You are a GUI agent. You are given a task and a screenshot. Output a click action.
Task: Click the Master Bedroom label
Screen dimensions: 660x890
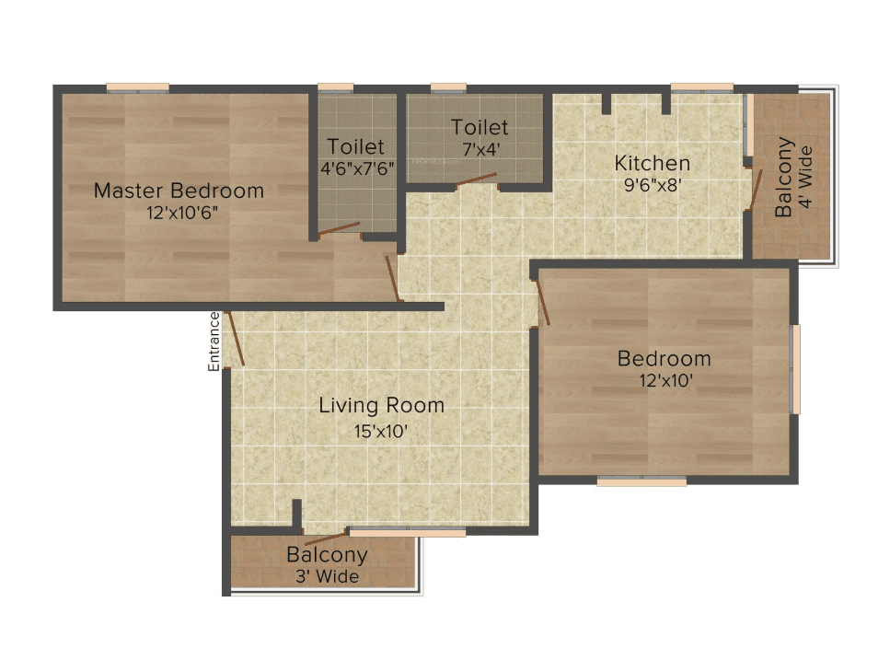pyautogui.click(x=179, y=191)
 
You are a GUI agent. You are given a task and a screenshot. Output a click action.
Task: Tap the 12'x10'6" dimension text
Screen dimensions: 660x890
pyautogui.click(x=179, y=213)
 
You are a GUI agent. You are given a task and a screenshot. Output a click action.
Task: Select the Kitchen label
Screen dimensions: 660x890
pyautogui.click(x=652, y=164)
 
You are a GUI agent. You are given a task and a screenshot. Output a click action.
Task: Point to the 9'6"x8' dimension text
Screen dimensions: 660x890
pyautogui.click(x=652, y=184)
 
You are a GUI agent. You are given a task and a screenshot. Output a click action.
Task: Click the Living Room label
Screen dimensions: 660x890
pyautogui.click(x=381, y=405)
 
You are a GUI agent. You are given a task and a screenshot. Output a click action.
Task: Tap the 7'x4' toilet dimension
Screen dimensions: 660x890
pyautogui.click(x=479, y=147)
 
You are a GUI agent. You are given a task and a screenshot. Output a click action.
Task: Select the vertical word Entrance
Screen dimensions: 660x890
pyautogui.click(x=214, y=342)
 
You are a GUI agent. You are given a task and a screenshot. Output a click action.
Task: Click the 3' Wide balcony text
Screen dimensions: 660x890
pyautogui.click(x=327, y=577)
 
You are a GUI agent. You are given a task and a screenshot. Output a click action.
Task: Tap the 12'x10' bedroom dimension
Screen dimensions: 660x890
pyautogui.click(x=664, y=379)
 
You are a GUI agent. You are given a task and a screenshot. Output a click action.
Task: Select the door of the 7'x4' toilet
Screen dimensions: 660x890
pyautogui.click(x=477, y=179)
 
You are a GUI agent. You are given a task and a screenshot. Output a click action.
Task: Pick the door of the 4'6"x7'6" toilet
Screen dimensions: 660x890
pyautogui.click(x=340, y=228)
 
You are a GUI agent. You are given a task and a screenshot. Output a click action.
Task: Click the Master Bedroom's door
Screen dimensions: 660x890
pyautogui.click(x=392, y=278)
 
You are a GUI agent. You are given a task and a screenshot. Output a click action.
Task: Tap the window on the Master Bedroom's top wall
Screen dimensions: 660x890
pyautogui.click(x=138, y=87)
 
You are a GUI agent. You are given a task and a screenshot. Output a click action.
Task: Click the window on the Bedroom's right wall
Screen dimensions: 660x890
pyautogui.click(x=796, y=368)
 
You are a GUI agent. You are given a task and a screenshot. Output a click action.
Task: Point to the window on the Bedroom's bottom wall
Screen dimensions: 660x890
pyautogui.click(x=641, y=481)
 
